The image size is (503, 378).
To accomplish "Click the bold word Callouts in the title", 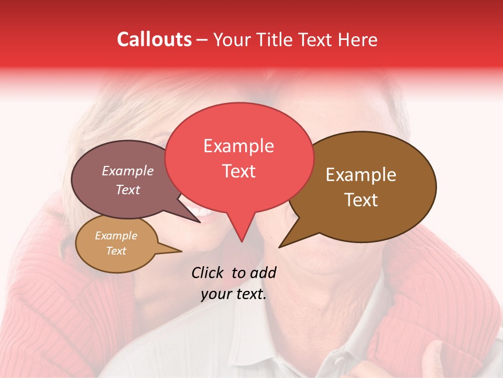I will [x=154, y=39].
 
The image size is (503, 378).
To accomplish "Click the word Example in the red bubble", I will [x=239, y=146].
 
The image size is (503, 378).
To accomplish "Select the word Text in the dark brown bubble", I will [x=361, y=200].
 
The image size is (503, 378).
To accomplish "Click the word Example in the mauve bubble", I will [x=128, y=171].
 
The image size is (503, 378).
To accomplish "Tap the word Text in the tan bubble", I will [x=116, y=251].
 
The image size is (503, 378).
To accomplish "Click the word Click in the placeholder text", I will [x=207, y=272].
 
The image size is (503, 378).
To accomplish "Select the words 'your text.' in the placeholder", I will [x=234, y=295].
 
